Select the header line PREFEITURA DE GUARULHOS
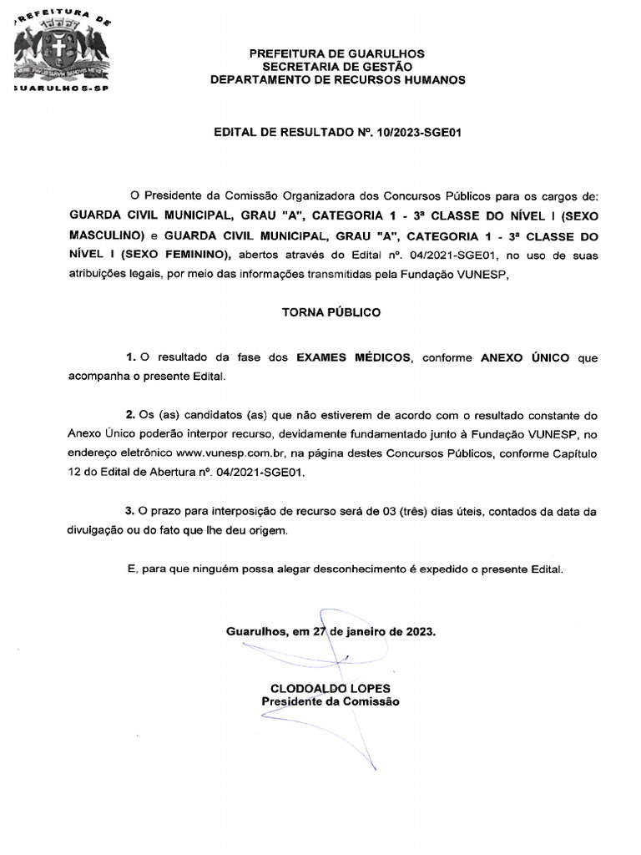337,53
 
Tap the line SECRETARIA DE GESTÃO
337,67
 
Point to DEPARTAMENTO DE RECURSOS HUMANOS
337,80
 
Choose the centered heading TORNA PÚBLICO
331,312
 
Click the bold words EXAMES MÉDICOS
353,357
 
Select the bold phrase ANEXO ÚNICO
525,357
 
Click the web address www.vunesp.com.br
226,453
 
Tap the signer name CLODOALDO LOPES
331,688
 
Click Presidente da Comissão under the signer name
331,701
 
